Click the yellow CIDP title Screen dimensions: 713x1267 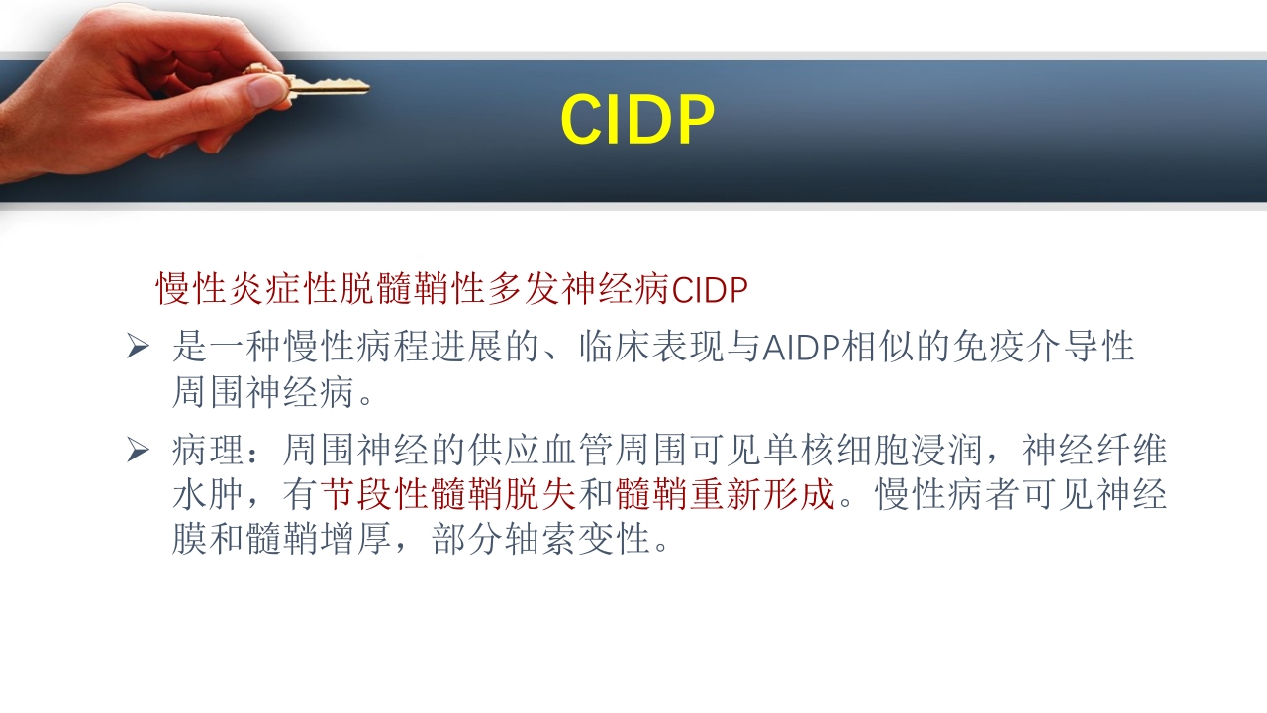636,121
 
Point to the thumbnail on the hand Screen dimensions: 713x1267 266,90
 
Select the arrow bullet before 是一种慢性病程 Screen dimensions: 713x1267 138,348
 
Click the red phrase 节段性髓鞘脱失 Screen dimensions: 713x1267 447,495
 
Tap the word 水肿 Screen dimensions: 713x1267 208,495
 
